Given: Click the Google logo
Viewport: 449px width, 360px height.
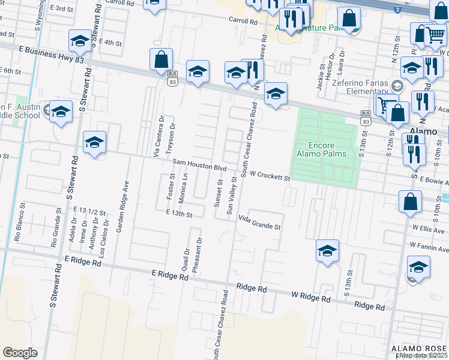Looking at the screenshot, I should (x=20, y=353).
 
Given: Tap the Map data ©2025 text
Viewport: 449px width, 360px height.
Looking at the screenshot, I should (x=423, y=355).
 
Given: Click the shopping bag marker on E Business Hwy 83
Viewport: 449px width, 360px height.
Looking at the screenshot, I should (x=161, y=60).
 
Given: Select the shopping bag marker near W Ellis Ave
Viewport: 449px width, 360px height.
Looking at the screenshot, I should (x=411, y=203).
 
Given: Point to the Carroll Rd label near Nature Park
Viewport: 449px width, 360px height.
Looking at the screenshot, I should (x=242, y=20).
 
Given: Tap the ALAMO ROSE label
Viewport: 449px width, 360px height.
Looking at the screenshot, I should (x=419, y=349).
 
